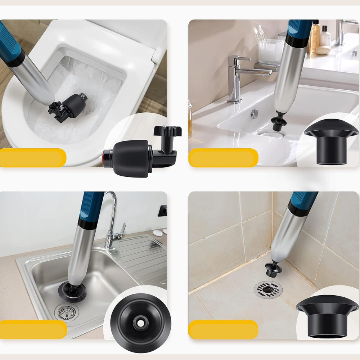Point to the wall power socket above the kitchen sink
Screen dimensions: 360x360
[x=163, y=211]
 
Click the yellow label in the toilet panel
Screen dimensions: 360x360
[x=32, y=158]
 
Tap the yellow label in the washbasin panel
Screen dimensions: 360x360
[x=223, y=158]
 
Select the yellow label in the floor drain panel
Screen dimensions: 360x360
[x=223, y=329]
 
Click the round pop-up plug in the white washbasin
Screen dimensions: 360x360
[x=255, y=114]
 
